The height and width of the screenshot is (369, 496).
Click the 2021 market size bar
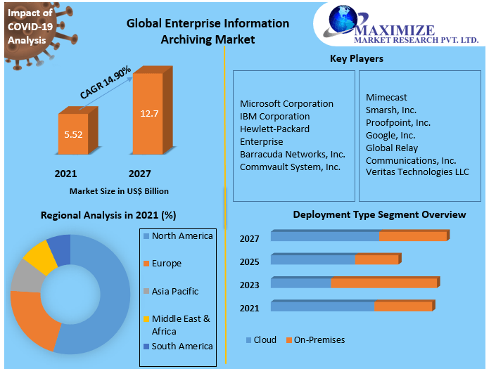73,134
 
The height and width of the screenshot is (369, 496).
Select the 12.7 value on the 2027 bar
148,113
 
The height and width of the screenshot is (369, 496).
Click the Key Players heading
357,59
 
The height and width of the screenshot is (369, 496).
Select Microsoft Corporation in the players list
286,103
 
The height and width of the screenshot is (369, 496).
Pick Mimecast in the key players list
386,97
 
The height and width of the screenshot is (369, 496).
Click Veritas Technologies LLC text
417,172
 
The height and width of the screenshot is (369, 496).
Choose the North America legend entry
182,236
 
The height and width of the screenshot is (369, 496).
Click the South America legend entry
182,346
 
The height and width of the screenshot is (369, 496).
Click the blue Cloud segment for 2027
325,236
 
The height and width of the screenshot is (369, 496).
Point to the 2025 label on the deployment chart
249,261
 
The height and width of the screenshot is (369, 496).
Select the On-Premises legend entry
319,340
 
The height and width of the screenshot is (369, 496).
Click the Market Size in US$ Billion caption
119,191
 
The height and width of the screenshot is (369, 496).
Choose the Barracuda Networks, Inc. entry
292,154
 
